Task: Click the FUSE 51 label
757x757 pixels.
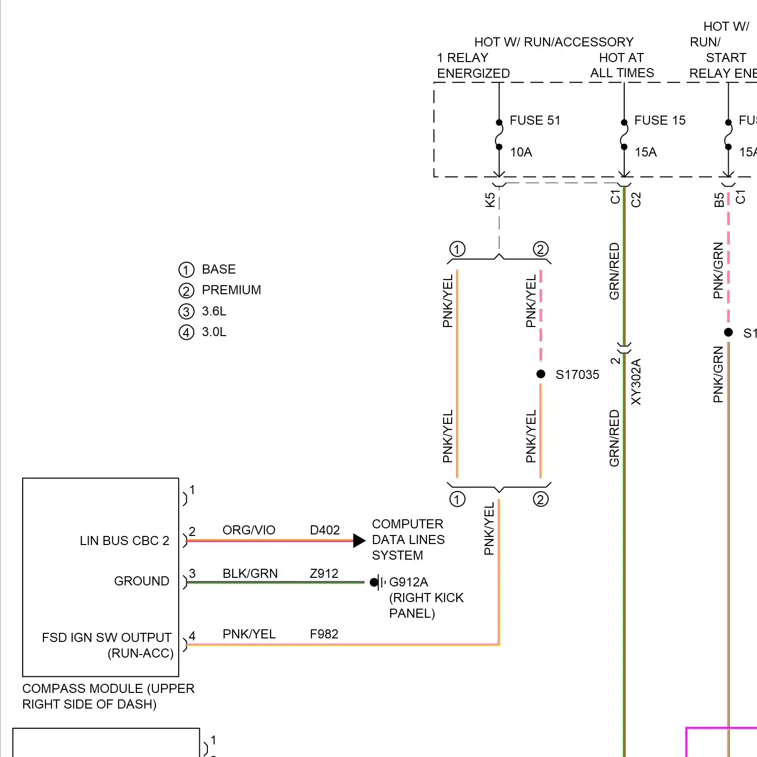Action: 535,121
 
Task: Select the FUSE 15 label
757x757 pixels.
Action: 660,121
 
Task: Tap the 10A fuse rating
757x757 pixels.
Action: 521,152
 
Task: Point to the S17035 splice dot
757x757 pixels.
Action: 541,374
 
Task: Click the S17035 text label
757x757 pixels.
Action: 577,375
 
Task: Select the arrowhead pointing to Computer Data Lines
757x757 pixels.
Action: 359,541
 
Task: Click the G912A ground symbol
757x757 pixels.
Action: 377,582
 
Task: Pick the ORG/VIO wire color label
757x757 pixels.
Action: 249,530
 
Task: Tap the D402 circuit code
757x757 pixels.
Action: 325,530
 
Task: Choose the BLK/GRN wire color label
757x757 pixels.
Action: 250,574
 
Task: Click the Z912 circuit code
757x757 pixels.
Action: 324,574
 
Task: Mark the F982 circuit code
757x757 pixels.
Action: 324,634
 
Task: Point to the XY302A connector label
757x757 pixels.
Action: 636,382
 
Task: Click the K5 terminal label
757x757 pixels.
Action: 490,200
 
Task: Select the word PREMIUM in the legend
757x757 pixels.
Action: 231,290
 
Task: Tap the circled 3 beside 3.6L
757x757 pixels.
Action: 186,312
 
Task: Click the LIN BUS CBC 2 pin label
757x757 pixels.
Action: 124,541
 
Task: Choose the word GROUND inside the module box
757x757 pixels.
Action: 141,581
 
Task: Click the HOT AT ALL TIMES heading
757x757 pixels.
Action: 622,66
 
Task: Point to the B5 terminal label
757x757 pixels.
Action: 719,200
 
